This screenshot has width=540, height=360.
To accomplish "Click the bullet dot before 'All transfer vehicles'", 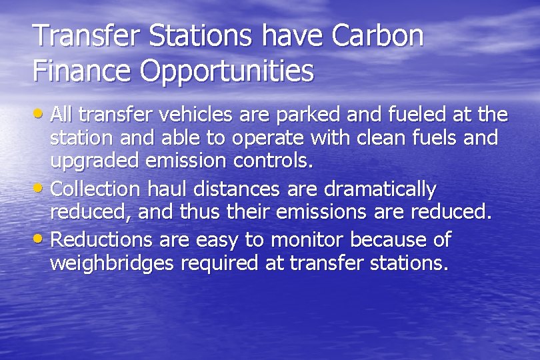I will pyautogui.click(x=41, y=115).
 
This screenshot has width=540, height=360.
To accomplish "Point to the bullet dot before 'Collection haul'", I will pyautogui.click(x=41, y=189).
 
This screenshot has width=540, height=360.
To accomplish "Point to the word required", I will pyautogui.click(x=221, y=264).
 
